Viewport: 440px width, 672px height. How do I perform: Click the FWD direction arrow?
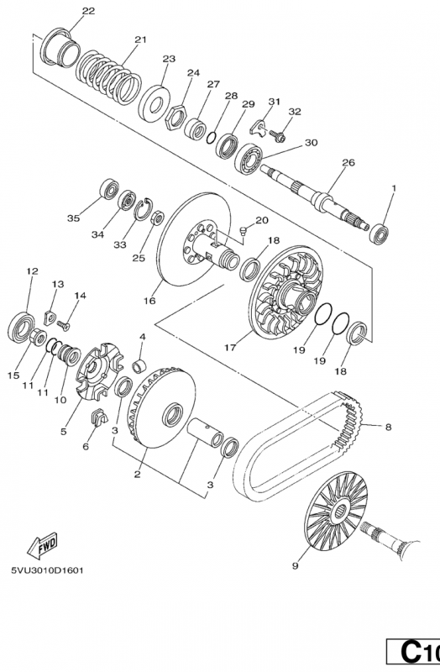(43, 545)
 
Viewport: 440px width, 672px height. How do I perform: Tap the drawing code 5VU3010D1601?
(48, 570)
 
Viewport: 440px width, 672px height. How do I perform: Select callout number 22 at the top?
(88, 11)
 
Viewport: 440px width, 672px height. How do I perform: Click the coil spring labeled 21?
(109, 78)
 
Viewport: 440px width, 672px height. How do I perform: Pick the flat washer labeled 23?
(154, 104)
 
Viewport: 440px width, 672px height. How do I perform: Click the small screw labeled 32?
(278, 136)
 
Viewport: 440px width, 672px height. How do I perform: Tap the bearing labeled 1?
(379, 234)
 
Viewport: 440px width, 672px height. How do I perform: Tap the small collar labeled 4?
(140, 367)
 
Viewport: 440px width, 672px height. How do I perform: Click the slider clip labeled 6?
(98, 417)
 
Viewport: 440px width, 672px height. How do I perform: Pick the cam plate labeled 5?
(99, 371)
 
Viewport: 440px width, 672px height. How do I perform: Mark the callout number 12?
(32, 271)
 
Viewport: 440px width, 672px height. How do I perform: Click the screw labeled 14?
(64, 326)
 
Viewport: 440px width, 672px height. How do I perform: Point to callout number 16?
(149, 301)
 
